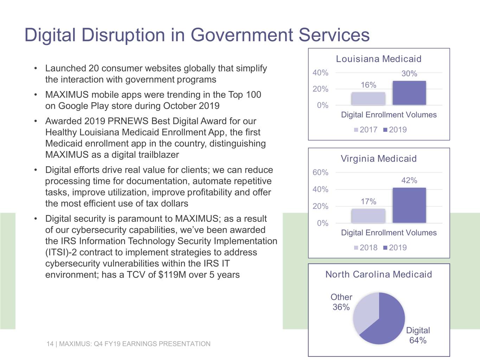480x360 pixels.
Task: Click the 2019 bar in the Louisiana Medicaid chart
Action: click(409, 93)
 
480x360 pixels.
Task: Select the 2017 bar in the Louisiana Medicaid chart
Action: click(368, 99)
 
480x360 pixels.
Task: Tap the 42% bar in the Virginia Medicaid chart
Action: click(409, 205)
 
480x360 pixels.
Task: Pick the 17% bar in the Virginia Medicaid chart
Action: click(368, 216)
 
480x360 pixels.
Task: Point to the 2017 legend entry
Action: click(366, 130)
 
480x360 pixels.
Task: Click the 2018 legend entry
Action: click(366, 247)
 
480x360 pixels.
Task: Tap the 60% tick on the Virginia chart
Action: click(320, 173)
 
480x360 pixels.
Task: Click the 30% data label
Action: click(409, 74)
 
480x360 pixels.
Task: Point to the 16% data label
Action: click(369, 85)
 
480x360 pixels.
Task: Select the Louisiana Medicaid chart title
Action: click(379, 59)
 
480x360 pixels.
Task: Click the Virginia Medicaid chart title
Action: click(379, 159)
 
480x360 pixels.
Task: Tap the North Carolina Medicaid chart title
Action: click(379, 275)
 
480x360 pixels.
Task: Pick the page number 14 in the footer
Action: click(50, 344)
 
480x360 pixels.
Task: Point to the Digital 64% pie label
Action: click(418, 335)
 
